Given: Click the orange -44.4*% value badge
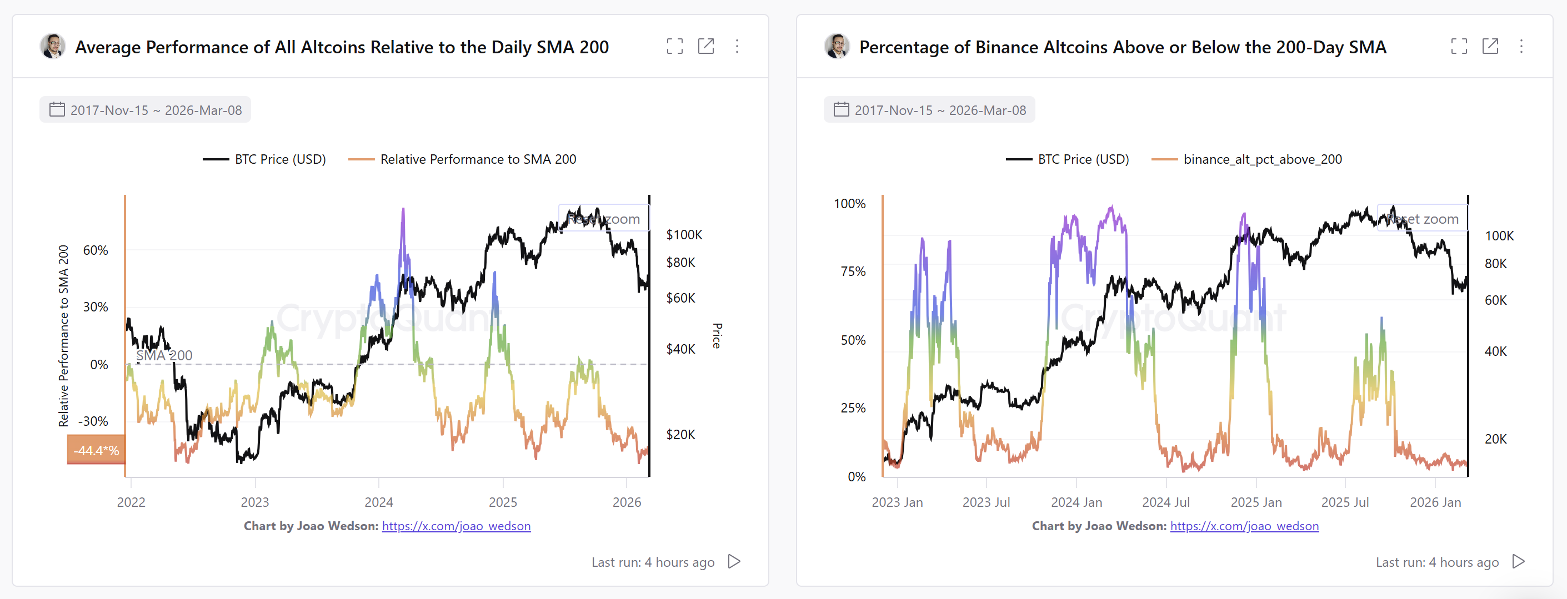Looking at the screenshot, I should click(96, 450).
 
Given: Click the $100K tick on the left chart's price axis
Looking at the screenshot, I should click(684, 235).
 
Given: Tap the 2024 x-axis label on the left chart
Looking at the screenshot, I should click(378, 502).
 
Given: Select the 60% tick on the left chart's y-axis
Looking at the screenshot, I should click(96, 250).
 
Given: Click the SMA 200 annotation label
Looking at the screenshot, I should click(164, 355).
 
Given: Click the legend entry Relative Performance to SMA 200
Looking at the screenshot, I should click(462, 159).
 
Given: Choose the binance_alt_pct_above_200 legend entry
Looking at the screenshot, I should click(1247, 159).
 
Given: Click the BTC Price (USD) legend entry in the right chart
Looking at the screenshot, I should click(1068, 159).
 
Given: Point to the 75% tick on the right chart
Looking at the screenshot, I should click(853, 271).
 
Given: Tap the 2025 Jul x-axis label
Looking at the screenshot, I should click(1344, 502).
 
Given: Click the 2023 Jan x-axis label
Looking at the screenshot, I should click(897, 502).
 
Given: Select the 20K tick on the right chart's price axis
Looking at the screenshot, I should click(1495, 439).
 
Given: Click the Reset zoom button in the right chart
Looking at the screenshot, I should click(1422, 219).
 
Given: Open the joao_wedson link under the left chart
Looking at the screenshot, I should click(456, 526).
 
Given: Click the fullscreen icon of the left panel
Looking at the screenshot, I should click(674, 46).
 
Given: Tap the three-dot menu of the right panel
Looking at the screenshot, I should click(1521, 46).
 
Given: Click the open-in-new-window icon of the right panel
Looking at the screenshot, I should click(1490, 46).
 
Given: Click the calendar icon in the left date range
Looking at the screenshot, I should click(57, 109).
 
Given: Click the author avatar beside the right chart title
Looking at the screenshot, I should click(837, 46).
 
